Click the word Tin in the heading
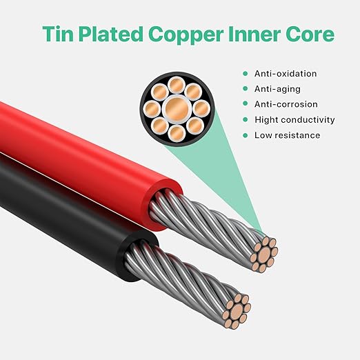[58, 34]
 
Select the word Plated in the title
[111, 34]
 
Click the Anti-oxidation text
[286, 74]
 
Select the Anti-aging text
[277, 89]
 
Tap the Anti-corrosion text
[286, 104]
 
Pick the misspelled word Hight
[266, 120]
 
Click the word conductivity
[308, 120]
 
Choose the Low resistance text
[287, 135]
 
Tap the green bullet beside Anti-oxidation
[246, 74]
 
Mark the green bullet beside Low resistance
[246, 135]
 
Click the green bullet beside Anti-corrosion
[246, 104]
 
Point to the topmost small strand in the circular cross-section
[177, 85]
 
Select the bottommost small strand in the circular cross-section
[177, 133]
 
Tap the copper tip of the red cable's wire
[264, 254]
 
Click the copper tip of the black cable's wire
[237, 312]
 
